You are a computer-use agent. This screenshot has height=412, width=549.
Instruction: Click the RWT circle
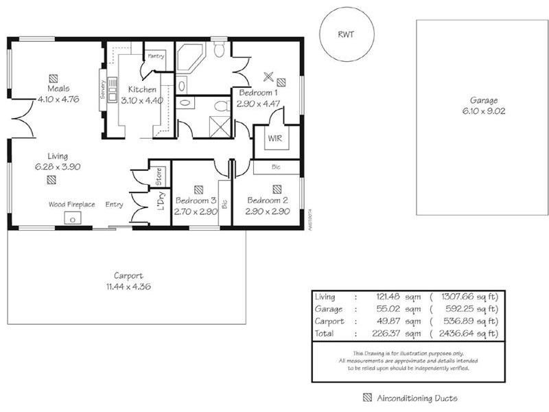(x=347, y=34)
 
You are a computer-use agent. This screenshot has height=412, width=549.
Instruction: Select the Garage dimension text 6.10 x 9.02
(x=483, y=111)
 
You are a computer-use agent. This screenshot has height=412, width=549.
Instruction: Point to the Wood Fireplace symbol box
(x=72, y=218)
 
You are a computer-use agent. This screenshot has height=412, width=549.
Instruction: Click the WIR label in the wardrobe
(x=274, y=138)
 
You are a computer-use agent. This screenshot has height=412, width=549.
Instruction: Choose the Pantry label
(x=155, y=56)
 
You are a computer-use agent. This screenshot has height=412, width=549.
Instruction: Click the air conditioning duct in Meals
(x=54, y=78)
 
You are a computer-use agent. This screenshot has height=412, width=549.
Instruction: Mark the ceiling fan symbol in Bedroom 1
(x=268, y=76)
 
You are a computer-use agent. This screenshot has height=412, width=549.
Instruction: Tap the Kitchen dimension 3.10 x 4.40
(x=142, y=100)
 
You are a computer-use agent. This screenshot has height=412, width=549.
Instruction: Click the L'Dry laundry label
(x=161, y=200)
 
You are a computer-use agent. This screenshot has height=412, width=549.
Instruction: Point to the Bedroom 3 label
(x=196, y=201)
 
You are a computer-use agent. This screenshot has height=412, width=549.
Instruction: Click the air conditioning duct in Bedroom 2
(x=277, y=188)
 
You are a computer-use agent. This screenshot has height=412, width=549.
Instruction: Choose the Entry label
(x=114, y=205)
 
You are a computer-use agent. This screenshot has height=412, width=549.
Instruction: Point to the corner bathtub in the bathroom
(x=189, y=58)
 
